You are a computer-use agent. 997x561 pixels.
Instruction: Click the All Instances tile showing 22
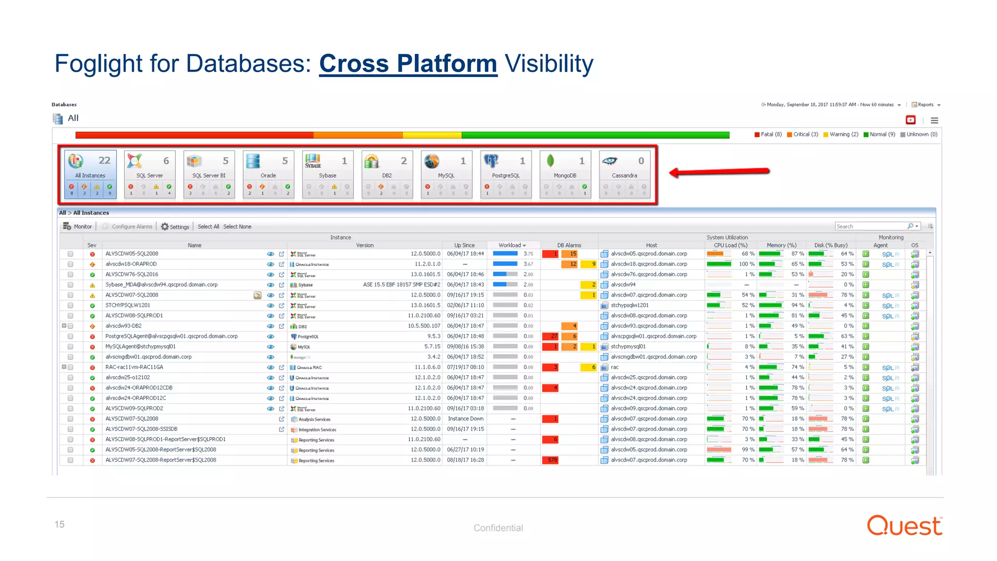click(90, 167)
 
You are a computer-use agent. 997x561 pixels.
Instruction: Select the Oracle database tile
click(268, 167)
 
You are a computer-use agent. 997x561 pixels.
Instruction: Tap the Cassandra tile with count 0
click(625, 167)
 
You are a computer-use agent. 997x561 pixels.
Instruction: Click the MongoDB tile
click(565, 167)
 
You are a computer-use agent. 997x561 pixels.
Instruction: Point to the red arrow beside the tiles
click(719, 171)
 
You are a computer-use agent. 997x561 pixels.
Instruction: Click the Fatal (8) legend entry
click(768, 134)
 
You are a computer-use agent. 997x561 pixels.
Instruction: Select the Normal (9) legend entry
click(879, 134)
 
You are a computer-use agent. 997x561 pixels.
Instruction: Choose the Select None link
click(237, 227)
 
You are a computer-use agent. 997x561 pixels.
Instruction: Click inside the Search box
click(869, 226)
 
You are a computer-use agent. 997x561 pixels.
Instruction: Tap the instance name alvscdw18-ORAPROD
click(131, 264)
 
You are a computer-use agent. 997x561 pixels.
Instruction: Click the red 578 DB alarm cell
click(551, 460)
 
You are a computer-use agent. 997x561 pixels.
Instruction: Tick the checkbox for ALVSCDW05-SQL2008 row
click(71, 254)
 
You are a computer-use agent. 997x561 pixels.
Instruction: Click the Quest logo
click(905, 526)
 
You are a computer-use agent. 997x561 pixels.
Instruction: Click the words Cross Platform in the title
click(408, 64)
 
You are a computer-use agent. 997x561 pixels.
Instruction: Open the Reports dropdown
click(926, 105)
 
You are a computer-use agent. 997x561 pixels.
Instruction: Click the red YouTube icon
click(910, 120)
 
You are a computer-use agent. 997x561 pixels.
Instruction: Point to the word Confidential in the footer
click(498, 528)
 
